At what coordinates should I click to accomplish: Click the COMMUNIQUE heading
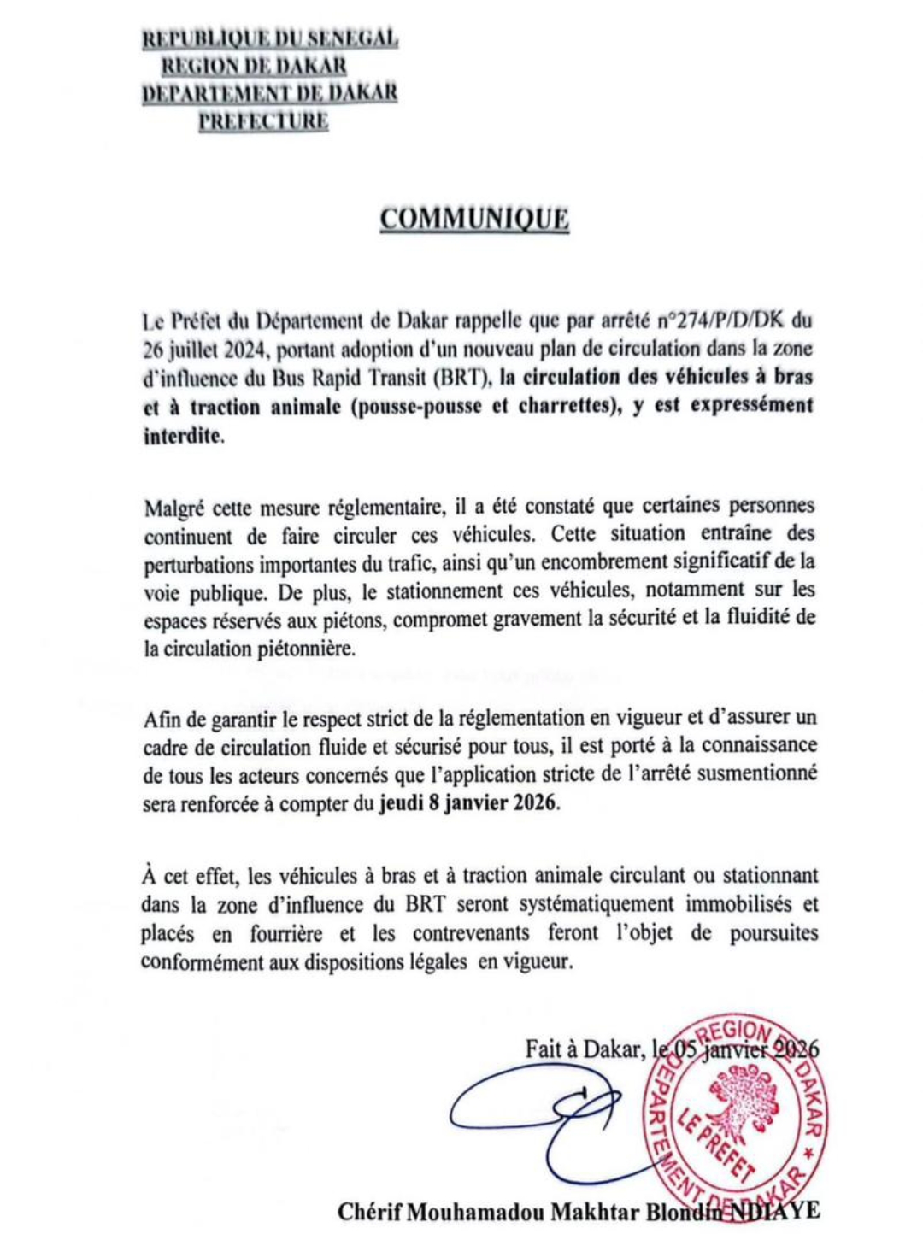coord(474,219)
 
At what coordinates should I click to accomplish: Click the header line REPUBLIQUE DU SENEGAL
coord(270,38)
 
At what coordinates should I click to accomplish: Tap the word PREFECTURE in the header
coord(263,120)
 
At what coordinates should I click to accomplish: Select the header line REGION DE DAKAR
coord(255,66)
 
